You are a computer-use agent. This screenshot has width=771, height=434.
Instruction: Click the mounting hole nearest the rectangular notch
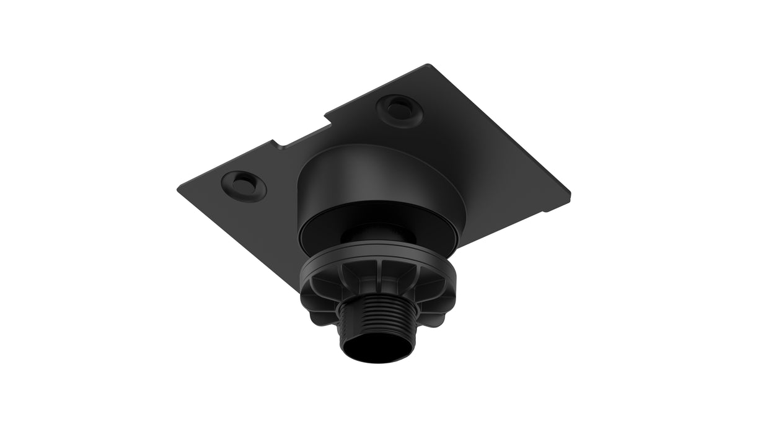point(397,110)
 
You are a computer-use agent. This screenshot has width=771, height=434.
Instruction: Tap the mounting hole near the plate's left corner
point(244,185)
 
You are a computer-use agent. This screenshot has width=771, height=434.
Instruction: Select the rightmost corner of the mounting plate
point(569,189)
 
